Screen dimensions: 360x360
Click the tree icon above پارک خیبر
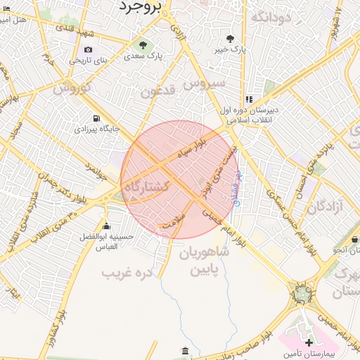tap(230, 39)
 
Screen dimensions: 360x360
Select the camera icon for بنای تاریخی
tap(88, 49)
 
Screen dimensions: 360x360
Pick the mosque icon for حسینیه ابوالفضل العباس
tap(107, 226)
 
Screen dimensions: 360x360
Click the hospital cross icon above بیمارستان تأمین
tap(309, 342)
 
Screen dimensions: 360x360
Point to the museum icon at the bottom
tap(185, 350)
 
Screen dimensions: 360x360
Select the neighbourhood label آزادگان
tap(324, 206)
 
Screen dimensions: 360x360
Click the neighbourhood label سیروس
tap(204, 83)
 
